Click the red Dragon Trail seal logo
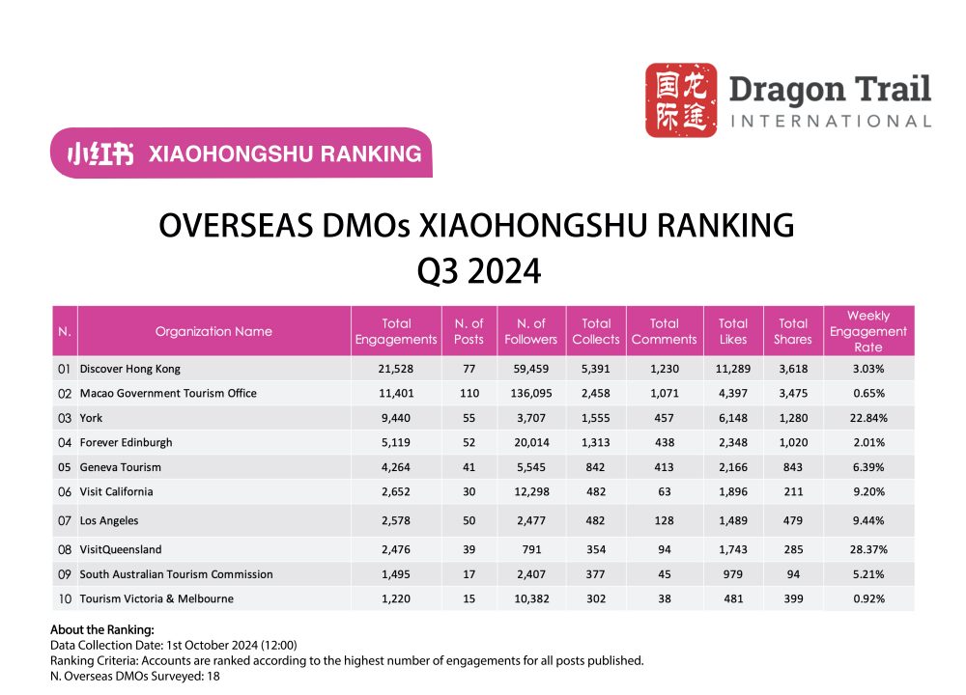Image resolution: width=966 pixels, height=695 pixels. (x=681, y=99)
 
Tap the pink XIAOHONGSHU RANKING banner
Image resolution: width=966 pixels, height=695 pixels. (x=241, y=153)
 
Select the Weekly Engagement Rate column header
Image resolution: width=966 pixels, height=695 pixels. (x=867, y=331)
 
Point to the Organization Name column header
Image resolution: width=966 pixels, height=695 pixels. (x=213, y=331)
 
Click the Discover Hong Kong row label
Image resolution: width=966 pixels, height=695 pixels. (x=130, y=369)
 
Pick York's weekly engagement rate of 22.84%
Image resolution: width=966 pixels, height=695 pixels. (x=867, y=418)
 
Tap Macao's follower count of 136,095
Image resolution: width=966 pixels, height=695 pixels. (x=530, y=394)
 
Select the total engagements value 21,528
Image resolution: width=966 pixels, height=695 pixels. (x=396, y=369)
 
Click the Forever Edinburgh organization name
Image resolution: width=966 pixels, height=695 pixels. (x=127, y=442)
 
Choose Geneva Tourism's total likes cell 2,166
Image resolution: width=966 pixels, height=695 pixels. (x=733, y=467)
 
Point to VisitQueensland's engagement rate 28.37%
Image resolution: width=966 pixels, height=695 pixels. (x=867, y=549)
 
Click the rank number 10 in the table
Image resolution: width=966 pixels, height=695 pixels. (x=64, y=598)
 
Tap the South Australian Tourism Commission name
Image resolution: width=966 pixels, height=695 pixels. (x=177, y=574)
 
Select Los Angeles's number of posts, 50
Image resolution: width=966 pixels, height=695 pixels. (x=462, y=520)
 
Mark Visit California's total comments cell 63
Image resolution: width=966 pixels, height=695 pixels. (x=664, y=491)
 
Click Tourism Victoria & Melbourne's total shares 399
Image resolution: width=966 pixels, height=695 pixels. (x=792, y=598)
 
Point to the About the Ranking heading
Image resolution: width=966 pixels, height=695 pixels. (x=95, y=629)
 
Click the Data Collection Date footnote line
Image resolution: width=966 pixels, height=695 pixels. (x=173, y=645)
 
